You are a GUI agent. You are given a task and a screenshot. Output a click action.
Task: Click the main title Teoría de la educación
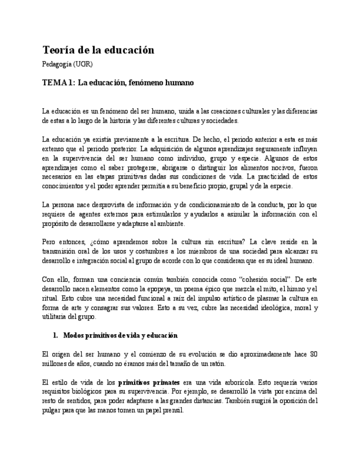[98, 50]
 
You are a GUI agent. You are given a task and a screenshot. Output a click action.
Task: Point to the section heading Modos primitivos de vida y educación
[120, 335]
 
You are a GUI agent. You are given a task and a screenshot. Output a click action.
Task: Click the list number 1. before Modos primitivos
[56, 335]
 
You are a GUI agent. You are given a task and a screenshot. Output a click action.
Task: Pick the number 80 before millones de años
[313, 354]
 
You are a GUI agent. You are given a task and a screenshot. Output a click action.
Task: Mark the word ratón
[215, 364]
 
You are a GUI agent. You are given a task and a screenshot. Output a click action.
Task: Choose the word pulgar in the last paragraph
[52, 410]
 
